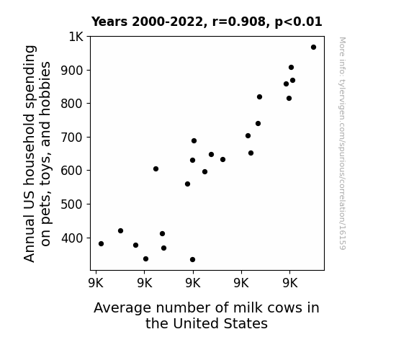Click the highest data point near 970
[x=313, y=48]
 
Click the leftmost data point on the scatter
[x=101, y=244]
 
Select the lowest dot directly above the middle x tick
[x=192, y=260]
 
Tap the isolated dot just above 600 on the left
[x=156, y=168]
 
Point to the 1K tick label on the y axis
[x=76, y=37]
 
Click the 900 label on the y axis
[x=72, y=71]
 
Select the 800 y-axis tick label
[x=72, y=104]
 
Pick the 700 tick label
[x=72, y=138]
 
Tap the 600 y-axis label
[x=72, y=171]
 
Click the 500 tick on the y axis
[x=72, y=204]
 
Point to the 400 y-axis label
[x=72, y=238]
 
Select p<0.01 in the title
[x=298, y=22]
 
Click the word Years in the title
[x=109, y=22]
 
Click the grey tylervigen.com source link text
[x=342, y=143]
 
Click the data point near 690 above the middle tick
[x=194, y=141]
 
